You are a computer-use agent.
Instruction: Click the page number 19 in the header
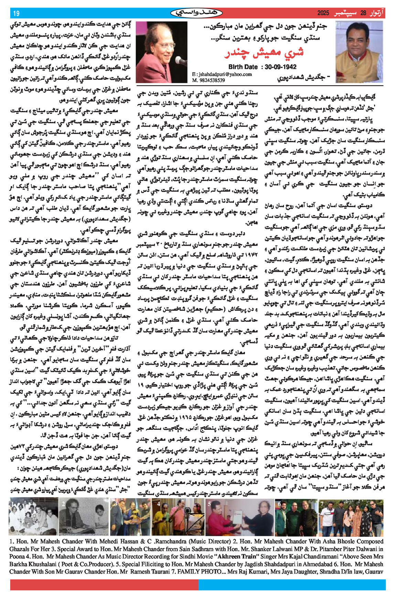[x=16, y=13]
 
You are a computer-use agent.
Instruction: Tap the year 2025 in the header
[x=323, y=13]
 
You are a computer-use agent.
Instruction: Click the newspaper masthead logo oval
[x=196, y=13]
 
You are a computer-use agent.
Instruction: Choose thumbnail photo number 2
[x=84, y=516]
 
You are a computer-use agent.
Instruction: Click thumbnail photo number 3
[x=130, y=516]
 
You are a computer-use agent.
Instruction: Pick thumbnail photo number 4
[x=178, y=516]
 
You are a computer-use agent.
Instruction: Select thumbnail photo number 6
[x=296, y=516]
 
